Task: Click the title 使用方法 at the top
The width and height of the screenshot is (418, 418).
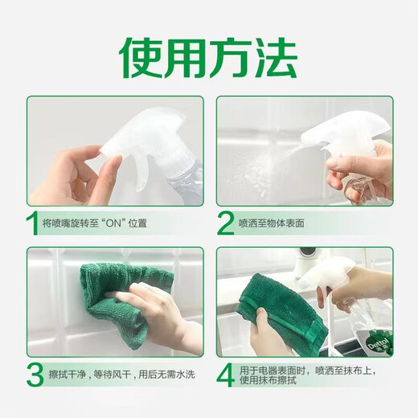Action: tap(209, 55)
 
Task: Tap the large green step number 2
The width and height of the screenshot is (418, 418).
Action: tap(227, 223)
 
